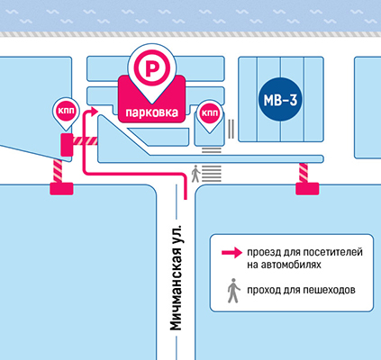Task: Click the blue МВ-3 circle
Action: point(280,100)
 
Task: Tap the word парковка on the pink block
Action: point(151,112)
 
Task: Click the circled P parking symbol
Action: point(152,68)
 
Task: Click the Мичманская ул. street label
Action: point(177,276)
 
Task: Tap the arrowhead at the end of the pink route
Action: point(94,111)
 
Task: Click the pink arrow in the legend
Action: point(231,253)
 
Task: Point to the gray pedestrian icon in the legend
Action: point(233,291)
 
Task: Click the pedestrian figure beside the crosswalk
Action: point(195,174)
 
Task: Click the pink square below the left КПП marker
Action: point(67,145)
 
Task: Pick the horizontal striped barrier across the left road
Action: point(86,141)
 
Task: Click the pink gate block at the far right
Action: point(307,189)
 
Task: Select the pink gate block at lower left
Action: point(61,189)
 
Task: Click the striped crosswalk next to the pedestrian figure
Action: point(212,174)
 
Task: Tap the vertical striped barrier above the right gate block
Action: point(304,173)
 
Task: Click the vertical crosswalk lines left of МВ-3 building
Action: point(231,129)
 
